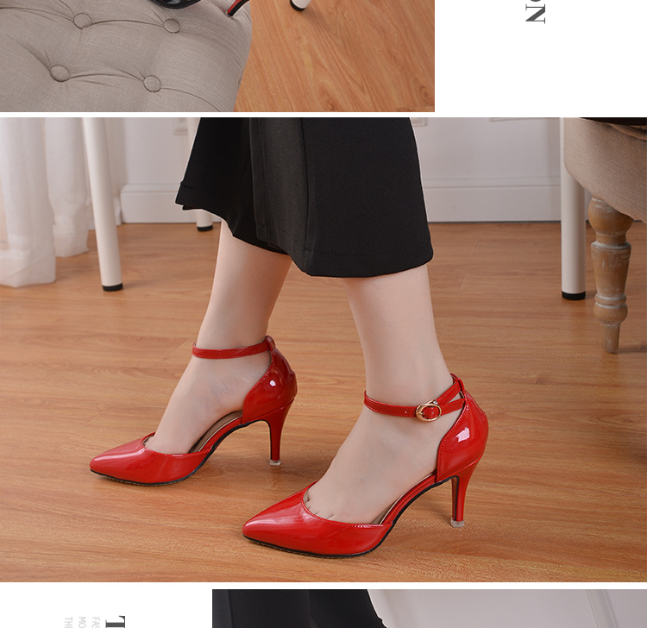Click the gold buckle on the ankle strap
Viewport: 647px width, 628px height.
pyautogui.click(x=428, y=411)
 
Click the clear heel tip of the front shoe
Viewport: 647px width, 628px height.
pyautogui.click(x=458, y=521)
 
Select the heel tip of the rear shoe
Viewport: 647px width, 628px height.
pyautogui.click(x=275, y=461)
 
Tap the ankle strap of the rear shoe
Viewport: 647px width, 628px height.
pyautogui.click(x=231, y=350)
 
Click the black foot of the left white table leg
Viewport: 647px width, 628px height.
pyautogui.click(x=112, y=286)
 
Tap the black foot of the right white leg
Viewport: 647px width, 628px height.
pyautogui.click(x=574, y=295)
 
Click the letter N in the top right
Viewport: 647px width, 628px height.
pyautogui.click(x=535, y=13)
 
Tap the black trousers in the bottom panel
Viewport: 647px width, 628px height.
pyautogui.click(x=293, y=609)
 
